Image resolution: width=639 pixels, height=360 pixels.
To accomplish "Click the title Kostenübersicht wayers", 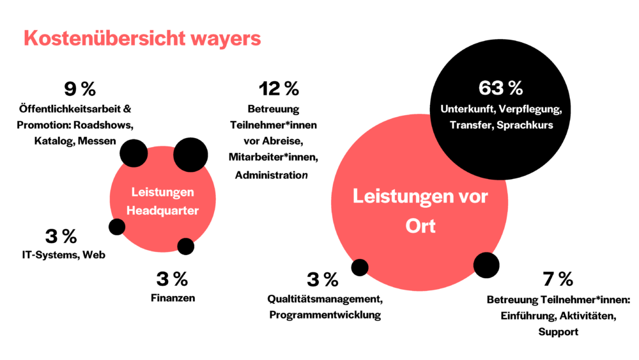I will pos(142,38).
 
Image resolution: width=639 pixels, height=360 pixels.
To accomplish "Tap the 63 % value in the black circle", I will pos(500,88).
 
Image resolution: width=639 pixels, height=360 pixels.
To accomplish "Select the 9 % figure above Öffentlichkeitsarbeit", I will pos(80,89).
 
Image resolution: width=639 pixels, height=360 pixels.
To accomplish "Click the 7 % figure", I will pos(558,279).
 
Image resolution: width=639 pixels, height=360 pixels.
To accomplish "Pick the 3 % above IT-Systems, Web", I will pos(61,236).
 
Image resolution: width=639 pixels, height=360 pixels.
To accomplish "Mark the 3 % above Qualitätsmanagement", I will pos(323,279).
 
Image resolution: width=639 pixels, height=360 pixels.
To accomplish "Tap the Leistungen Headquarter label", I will pos(162,201).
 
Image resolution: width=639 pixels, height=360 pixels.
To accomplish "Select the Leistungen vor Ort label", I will pos(420,210).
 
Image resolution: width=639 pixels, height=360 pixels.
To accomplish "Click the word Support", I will pos(558,332).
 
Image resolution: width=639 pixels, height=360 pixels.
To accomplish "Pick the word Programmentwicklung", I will pos(325,315).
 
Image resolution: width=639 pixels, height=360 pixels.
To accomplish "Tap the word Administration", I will pos(272,175).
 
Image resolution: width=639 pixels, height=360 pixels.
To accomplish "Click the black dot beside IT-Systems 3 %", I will pos(117,226).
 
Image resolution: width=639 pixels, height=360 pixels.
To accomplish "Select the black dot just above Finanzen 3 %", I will pos(185,246).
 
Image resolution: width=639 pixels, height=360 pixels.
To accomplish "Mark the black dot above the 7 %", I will pos(486,265).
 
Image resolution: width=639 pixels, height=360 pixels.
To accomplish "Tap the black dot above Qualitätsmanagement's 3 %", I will pos(360,267).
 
